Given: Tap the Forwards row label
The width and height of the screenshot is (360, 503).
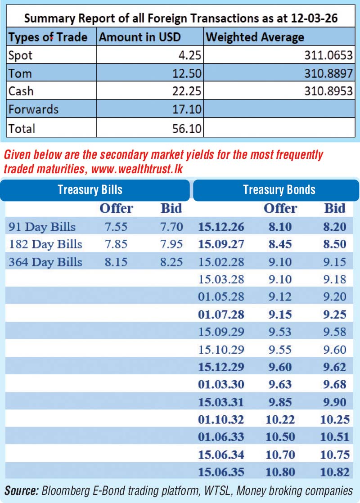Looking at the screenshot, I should pyautogui.click(x=33, y=109).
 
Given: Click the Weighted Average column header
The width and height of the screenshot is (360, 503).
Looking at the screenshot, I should pyautogui.click(x=255, y=37).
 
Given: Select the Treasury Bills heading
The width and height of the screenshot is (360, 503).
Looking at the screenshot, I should pyautogui.click(x=90, y=189).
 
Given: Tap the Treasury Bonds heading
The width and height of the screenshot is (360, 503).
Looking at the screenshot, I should pyautogui.click(x=279, y=189).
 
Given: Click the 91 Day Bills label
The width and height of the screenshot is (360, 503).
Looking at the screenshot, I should pyautogui.click(x=42, y=227).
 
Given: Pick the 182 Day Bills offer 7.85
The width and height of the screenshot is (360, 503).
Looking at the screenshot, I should pyautogui.click(x=116, y=244).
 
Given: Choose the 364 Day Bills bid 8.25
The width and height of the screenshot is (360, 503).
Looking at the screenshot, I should pyautogui.click(x=171, y=262).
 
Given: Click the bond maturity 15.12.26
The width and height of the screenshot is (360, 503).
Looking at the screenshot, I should pyautogui.click(x=221, y=227).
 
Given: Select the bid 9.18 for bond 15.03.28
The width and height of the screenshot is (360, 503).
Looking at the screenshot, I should pyautogui.click(x=335, y=279).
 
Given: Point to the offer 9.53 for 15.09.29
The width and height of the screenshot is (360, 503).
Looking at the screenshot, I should pyautogui.click(x=279, y=332).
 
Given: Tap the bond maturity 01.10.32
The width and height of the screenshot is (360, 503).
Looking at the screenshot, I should pyautogui.click(x=221, y=420).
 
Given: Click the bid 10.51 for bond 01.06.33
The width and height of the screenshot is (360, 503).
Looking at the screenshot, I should pyautogui.click(x=335, y=437).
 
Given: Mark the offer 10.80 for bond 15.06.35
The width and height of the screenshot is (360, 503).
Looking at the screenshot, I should pyautogui.click(x=279, y=472).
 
